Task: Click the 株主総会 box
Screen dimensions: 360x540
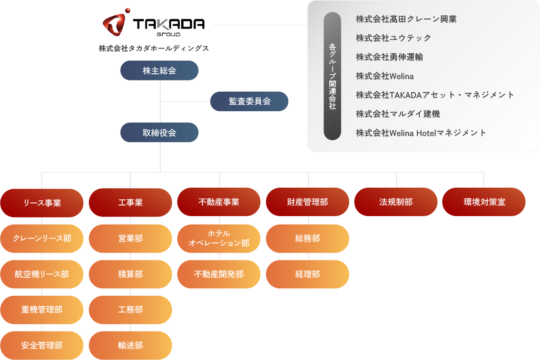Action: point(159,71)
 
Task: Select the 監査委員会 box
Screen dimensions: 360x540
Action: point(249,101)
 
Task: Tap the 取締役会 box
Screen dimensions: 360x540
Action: point(159,133)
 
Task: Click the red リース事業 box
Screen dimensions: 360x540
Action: point(42,203)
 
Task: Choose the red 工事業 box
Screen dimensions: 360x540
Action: point(130,203)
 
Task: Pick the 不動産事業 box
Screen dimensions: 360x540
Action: point(219,202)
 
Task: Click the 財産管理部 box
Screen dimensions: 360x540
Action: point(307,202)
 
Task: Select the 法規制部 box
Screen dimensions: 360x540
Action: point(396,202)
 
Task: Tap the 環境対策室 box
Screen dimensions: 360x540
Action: point(484,202)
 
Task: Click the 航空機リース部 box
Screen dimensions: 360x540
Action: point(42,274)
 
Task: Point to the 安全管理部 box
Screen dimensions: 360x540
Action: point(42,345)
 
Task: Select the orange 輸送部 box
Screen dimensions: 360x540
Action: point(130,345)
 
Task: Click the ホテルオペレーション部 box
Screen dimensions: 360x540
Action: point(219,238)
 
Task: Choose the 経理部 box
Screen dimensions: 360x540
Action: point(307,274)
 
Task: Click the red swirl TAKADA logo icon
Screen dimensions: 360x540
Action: point(114,23)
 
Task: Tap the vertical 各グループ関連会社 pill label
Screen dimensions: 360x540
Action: point(332,76)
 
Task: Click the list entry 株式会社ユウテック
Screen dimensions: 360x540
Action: point(393,38)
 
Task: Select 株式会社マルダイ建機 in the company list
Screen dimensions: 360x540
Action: point(398,114)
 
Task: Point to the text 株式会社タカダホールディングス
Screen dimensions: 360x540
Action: point(153,48)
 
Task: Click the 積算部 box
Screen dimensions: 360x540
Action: point(130,274)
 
